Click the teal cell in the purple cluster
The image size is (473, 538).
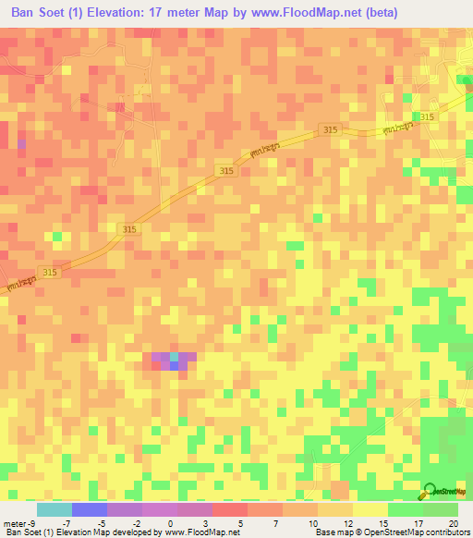pyautogui.click(x=174, y=357)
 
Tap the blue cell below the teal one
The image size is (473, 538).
pyautogui.click(x=174, y=366)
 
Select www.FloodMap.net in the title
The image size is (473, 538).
pyautogui.click(x=297, y=13)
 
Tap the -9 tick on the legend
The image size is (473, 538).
pyautogui.click(x=34, y=524)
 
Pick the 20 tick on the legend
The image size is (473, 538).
pyautogui.click(x=454, y=524)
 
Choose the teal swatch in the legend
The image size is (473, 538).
pyautogui.click(x=54, y=509)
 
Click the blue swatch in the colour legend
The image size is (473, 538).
pyautogui.click(x=89, y=509)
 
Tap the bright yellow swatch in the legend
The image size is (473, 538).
pyautogui.click(x=370, y=509)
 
